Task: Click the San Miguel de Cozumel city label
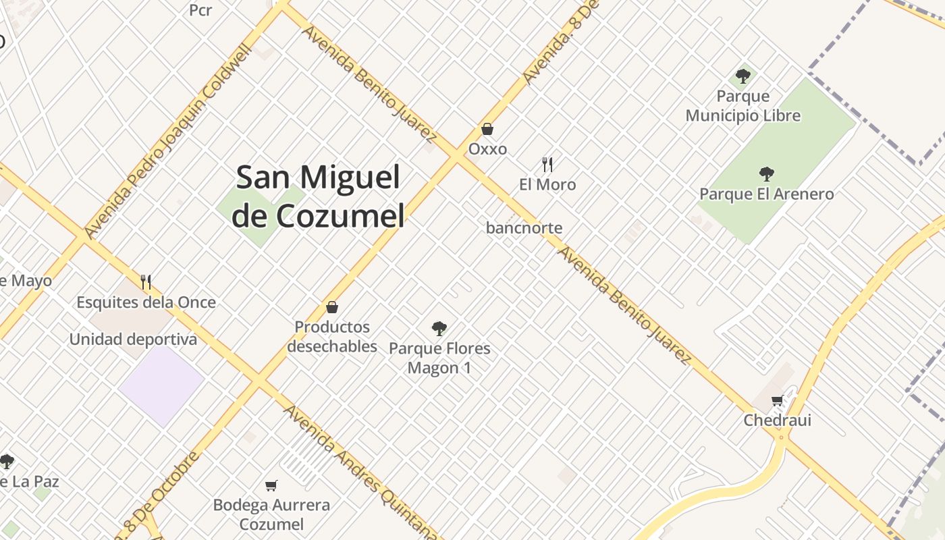coord(318,196)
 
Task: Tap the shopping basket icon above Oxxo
coord(487,129)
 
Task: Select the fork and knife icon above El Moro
coord(547,164)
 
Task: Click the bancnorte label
coord(524,228)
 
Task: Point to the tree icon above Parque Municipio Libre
coord(743,76)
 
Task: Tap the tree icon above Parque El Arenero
coord(766,174)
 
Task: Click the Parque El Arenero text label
coord(766,194)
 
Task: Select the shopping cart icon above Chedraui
coord(778,401)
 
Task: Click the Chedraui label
coord(778,421)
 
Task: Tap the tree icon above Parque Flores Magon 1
coord(439,329)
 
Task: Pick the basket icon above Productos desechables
coord(332,307)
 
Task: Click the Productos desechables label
coord(332,337)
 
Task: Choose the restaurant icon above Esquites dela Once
coord(146,281)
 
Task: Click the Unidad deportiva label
coord(133,340)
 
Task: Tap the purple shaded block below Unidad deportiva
coord(162,385)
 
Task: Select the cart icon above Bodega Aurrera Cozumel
coord(271,485)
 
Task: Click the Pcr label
coord(200,10)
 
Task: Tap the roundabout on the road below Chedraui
coord(782,437)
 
